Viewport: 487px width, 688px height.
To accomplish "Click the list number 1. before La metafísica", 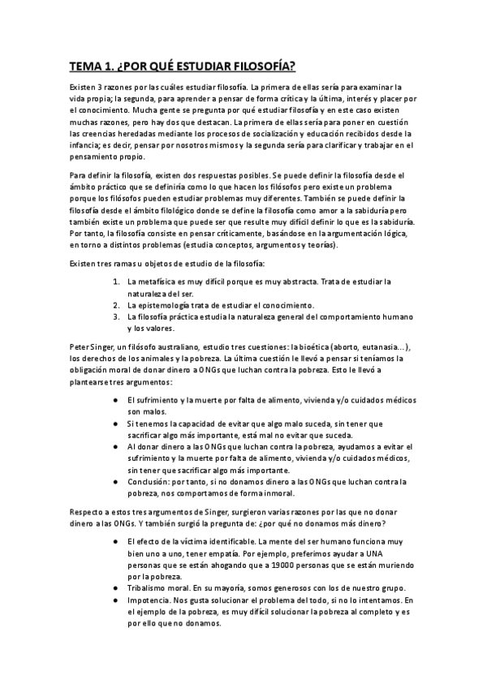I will click(x=117, y=281).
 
